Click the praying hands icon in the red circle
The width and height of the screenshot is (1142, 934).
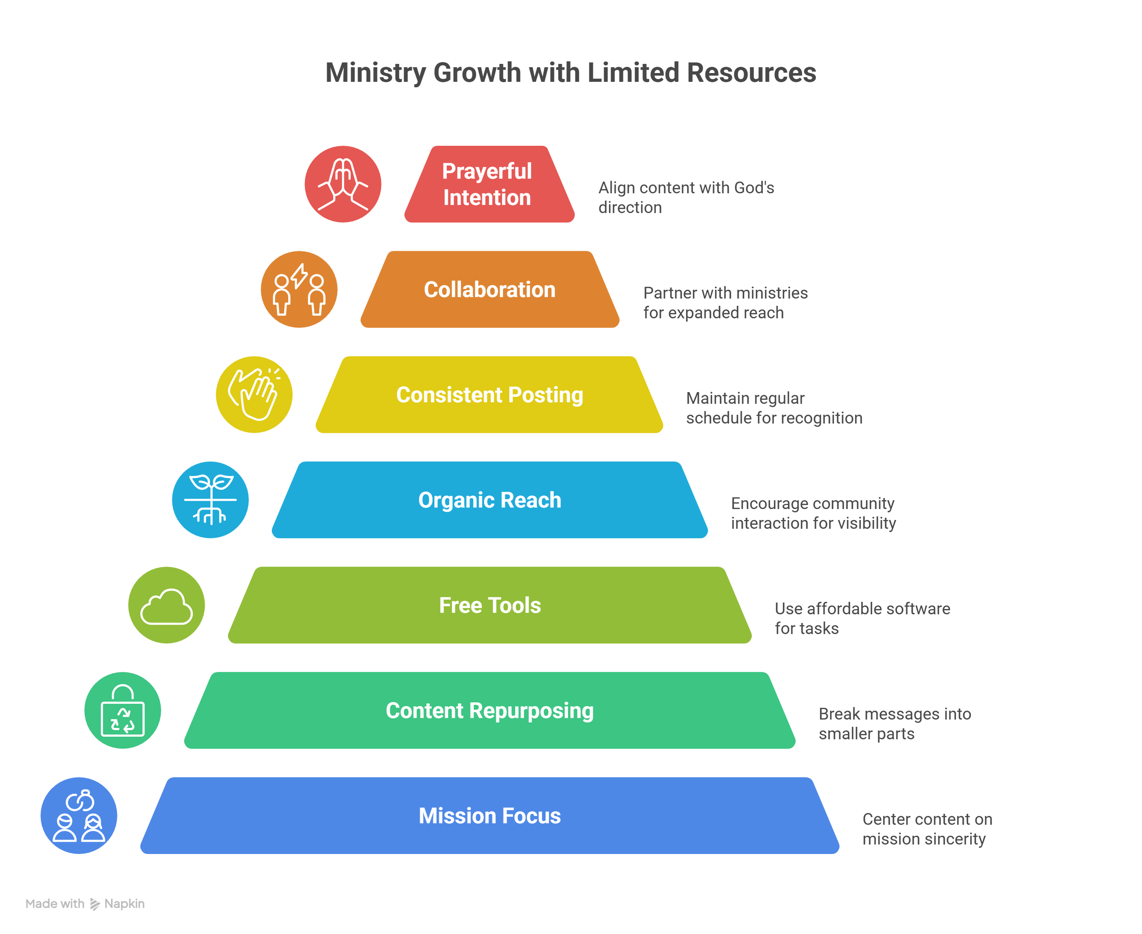click(343, 184)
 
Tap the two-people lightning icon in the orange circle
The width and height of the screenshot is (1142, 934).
click(299, 289)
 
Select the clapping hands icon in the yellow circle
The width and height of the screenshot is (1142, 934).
click(254, 395)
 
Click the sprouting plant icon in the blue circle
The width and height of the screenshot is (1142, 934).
click(210, 500)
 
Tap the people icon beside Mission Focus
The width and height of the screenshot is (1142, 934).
click(79, 816)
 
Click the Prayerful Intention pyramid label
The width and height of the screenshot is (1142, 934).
click(487, 184)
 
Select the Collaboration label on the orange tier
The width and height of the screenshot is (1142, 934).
click(490, 289)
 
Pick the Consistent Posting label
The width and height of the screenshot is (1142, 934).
click(490, 395)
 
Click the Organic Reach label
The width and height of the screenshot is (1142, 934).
click(490, 500)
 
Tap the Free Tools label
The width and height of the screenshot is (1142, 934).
click(490, 605)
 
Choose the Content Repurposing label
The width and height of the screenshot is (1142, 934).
click(490, 711)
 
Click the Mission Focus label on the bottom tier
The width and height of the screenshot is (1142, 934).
click(490, 816)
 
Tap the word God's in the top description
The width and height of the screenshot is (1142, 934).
click(754, 188)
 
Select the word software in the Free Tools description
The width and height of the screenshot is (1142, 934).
click(918, 609)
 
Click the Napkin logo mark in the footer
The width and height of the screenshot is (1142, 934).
click(95, 904)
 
